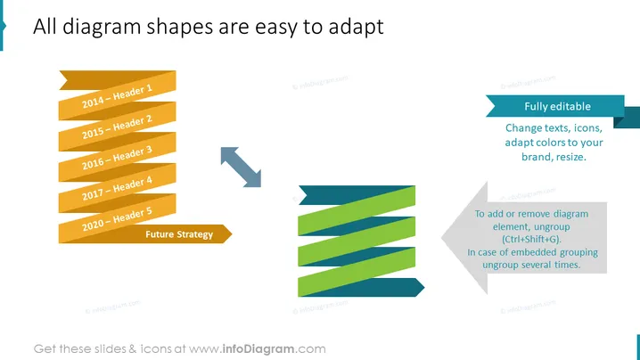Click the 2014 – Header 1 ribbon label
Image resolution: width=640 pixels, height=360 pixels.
pyautogui.click(x=117, y=96)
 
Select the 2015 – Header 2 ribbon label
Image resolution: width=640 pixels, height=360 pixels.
pyautogui.click(x=117, y=127)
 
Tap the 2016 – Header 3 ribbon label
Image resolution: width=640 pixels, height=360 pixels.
pyautogui.click(x=117, y=158)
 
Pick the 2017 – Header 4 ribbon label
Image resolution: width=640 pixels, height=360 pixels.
pyautogui.click(x=117, y=188)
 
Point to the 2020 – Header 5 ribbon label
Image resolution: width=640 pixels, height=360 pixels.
pyautogui.click(x=117, y=219)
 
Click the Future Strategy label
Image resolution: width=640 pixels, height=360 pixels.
pyautogui.click(x=179, y=234)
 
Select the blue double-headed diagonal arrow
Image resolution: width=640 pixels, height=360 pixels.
pyautogui.click(x=241, y=168)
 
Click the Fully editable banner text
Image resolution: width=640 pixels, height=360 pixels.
pyautogui.click(x=558, y=107)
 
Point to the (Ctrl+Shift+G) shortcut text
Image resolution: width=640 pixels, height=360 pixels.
pyautogui.click(x=531, y=240)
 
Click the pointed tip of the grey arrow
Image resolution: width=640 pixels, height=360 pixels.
pyautogui.click(x=442, y=238)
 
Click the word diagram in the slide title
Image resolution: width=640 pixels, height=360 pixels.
pyautogui.click(x=102, y=28)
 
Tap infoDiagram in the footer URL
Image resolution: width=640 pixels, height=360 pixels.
pyautogui.click(x=258, y=349)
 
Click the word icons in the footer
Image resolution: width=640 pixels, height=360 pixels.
pyautogui.click(x=156, y=349)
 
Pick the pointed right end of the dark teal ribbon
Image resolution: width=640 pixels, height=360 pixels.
pyautogui.click(x=423, y=287)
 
